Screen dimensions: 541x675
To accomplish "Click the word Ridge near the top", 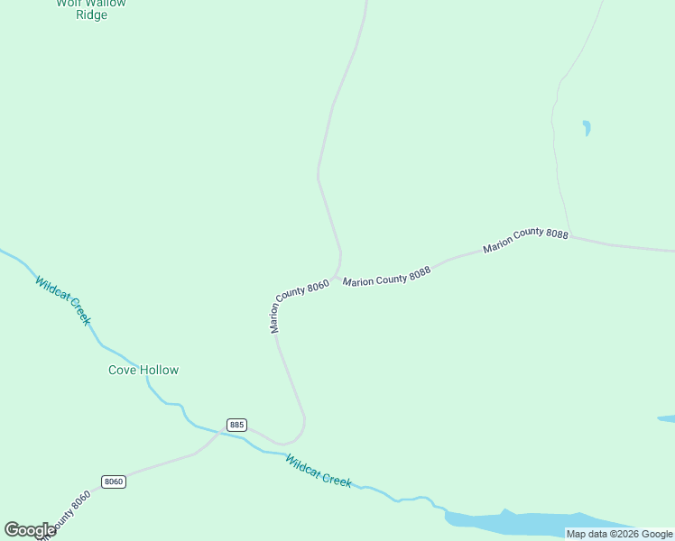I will (92, 15).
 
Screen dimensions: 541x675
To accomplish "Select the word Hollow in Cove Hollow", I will (160, 370).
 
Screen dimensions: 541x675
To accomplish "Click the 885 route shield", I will (236, 425).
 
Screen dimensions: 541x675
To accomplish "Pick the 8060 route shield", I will (113, 481).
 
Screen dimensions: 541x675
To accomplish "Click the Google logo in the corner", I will (30, 530).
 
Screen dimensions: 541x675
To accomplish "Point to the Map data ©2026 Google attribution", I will (619, 534).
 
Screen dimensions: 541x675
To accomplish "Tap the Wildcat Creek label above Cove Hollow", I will (63, 301).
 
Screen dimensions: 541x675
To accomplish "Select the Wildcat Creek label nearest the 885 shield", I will (318, 471).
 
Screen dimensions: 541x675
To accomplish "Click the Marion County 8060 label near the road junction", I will (299, 307).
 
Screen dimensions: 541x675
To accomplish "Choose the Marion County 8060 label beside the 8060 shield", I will (65, 514).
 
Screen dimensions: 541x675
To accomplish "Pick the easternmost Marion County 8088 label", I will (525, 240).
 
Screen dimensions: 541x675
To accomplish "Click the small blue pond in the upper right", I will (587, 127).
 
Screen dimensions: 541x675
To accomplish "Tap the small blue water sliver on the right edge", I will (667, 419).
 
